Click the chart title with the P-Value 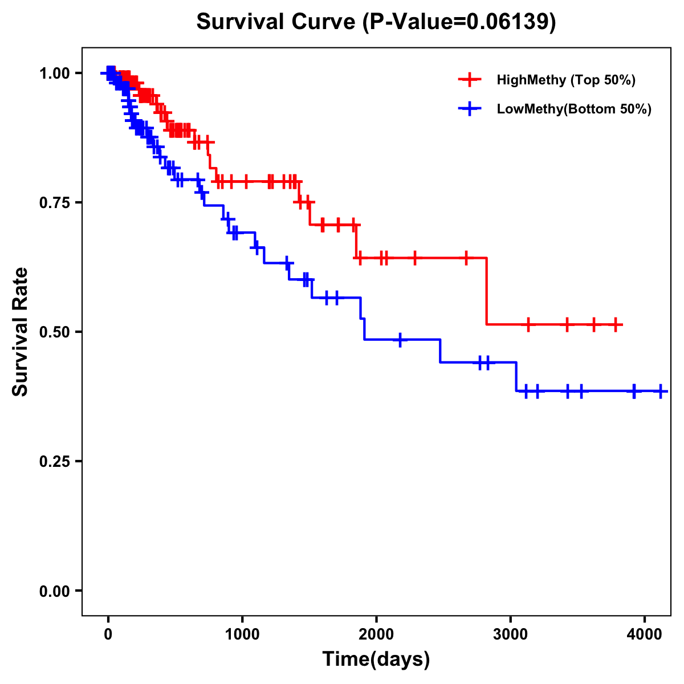point(376,22)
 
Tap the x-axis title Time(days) point(376,659)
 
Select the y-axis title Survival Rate point(21,331)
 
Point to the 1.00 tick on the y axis point(55,74)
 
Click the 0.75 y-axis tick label point(55,203)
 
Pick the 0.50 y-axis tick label point(55,332)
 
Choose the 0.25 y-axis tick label point(55,462)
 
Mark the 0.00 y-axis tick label point(55,591)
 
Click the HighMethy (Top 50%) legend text point(565,80)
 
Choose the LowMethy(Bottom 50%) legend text point(574,109)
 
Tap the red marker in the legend point(470,80)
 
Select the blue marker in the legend point(470,109)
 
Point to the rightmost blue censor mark point(661,391)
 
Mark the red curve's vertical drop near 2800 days point(487,291)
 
